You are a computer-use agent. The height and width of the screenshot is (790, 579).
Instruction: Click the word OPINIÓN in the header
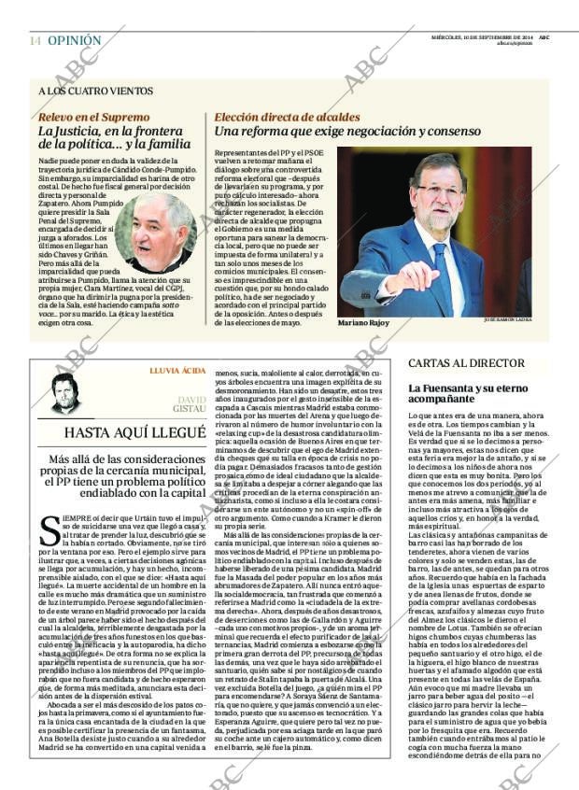point(74,41)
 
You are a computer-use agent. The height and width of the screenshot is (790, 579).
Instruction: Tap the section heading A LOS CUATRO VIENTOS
point(95,92)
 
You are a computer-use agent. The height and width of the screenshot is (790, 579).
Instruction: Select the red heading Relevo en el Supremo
point(93,118)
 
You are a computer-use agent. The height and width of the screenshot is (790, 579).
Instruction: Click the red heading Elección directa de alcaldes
point(287,118)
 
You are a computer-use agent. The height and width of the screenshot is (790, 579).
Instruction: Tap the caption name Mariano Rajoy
point(363,323)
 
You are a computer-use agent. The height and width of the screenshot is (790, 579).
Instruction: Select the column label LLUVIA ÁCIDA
point(177,371)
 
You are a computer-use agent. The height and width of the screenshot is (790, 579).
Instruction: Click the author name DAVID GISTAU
point(191,404)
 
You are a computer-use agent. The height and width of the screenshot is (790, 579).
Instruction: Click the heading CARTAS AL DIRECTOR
point(465,362)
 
